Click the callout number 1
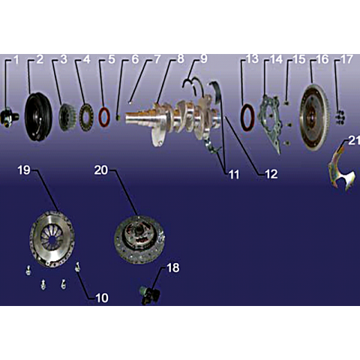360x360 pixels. click(x=16, y=60)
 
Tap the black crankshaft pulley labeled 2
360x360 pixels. click(x=38, y=117)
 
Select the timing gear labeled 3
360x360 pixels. click(x=67, y=116)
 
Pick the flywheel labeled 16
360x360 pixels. click(x=312, y=118)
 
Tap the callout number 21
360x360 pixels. click(x=354, y=140)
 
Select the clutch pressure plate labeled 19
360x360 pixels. click(x=52, y=238)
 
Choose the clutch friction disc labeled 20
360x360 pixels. click(x=139, y=239)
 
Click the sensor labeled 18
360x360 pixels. click(x=149, y=295)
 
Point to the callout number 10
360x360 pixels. click(x=102, y=298)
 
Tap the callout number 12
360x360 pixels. click(x=271, y=174)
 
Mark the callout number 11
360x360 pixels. click(x=234, y=174)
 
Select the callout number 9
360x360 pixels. click(x=204, y=59)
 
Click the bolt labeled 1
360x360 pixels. click(x=9, y=117)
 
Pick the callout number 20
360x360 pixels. click(x=101, y=170)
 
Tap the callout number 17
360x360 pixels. click(x=346, y=59)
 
